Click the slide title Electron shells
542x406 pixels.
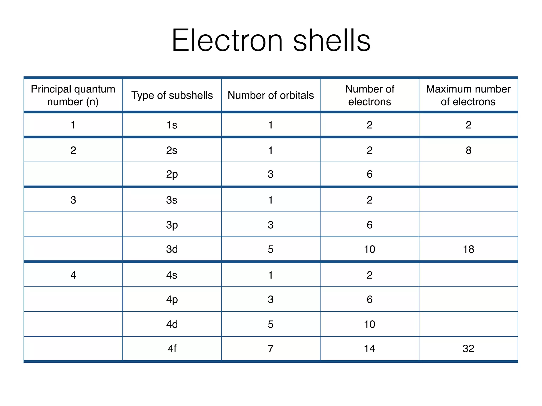(x=271, y=40)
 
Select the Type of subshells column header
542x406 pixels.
(x=172, y=95)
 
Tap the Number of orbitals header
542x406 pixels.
(x=271, y=95)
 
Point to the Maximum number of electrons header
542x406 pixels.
(x=468, y=95)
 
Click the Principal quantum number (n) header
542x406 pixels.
(x=73, y=95)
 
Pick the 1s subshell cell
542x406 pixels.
(x=172, y=125)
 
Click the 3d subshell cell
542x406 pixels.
(x=172, y=249)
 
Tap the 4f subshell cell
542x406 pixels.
(x=172, y=349)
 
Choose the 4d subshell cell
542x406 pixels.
(x=172, y=324)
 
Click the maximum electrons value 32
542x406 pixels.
(x=468, y=349)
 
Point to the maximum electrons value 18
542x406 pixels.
(x=468, y=249)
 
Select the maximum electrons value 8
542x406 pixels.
(x=468, y=150)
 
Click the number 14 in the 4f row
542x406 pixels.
(x=369, y=349)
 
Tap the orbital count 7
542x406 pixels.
(x=270, y=349)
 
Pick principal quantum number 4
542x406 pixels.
(x=73, y=275)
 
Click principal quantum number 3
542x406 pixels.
(x=73, y=200)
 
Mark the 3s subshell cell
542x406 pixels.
(x=172, y=200)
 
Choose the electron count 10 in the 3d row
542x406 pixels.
(x=369, y=249)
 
